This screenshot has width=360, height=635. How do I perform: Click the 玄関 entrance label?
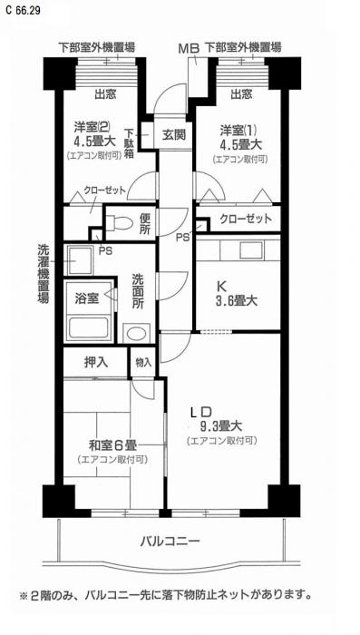click(174, 134)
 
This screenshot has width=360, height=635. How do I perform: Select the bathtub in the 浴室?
click(90, 327)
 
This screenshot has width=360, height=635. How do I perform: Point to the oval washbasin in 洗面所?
click(136, 333)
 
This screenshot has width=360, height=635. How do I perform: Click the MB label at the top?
click(190, 49)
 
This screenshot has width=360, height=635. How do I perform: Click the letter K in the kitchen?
click(222, 287)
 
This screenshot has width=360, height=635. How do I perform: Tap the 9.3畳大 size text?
click(220, 426)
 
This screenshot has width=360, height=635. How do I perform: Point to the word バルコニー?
click(170, 541)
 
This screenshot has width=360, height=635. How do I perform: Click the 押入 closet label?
click(96, 362)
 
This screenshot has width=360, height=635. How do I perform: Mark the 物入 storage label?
click(143, 363)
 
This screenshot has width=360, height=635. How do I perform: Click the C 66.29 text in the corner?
click(23, 11)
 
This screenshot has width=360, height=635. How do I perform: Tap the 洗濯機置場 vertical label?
click(44, 274)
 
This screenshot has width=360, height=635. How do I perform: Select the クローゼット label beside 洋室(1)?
click(246, 220)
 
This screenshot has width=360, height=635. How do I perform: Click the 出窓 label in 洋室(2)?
click(105, 94)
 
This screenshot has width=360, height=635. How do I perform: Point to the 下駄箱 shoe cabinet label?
click(129, 144)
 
